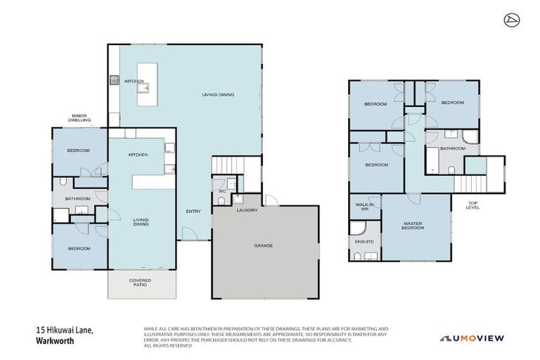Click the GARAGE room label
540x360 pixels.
click(x=263, y=245)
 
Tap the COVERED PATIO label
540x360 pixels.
click(x=140, y=283)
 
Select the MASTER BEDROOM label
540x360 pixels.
click(x=412, y=226)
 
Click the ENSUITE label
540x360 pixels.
click(x=364, y=241)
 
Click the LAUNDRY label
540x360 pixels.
click(x=247, y=210)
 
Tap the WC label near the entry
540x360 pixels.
click(x=221, y=191)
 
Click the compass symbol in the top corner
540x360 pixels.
click(x=512, y=20)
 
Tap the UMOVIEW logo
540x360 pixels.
click(x=472, y=338)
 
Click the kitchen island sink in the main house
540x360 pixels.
click(x=146, y=88)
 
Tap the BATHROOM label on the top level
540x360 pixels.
click(x=453, y=148)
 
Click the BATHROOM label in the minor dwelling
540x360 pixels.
click(x=78, y=199)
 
